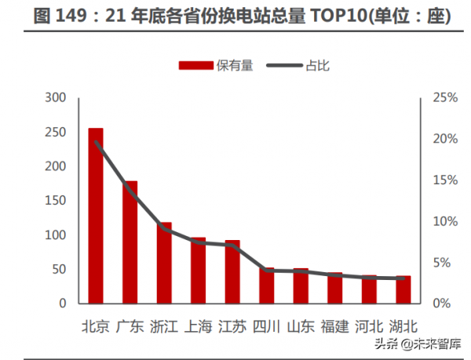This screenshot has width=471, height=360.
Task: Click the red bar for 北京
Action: tap(96, 216)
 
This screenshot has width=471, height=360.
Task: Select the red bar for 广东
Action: tap(130, 242)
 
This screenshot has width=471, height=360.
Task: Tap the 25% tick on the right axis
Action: tap(444, 98)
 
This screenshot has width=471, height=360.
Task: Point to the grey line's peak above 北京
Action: tap(96, 142)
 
